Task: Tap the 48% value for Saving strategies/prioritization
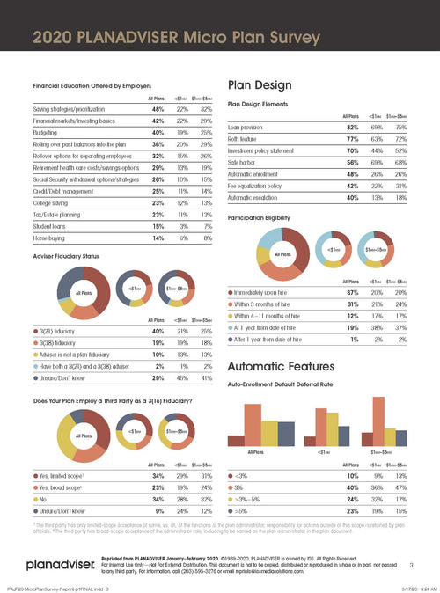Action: click(157, 106)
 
